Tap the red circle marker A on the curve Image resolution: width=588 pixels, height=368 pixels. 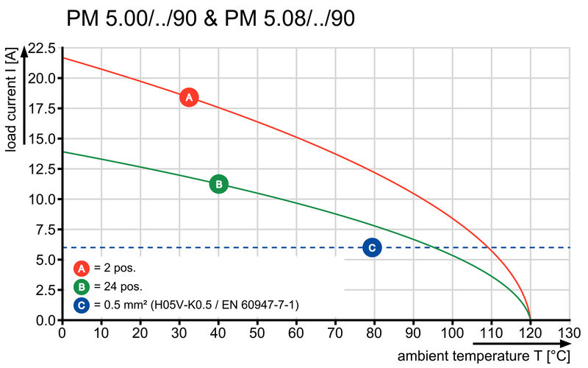pyautogui.click(x=189, y=97)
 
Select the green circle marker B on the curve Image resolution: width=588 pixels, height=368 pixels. pyautogui.click(x=218, y=184)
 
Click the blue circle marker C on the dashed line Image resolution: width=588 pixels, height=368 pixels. pyautogui.click(x=372, y=247)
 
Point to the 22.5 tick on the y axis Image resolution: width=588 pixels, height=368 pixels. pyautogui.click(x=42, y=49)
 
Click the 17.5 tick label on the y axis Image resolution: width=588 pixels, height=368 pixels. pyautogui.click(x=42, y=109)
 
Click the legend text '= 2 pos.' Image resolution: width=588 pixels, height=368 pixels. pyautogui.click(x=115, y=268)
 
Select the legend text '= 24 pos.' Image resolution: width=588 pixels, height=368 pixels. pyautogui.click(x=118, y=286)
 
